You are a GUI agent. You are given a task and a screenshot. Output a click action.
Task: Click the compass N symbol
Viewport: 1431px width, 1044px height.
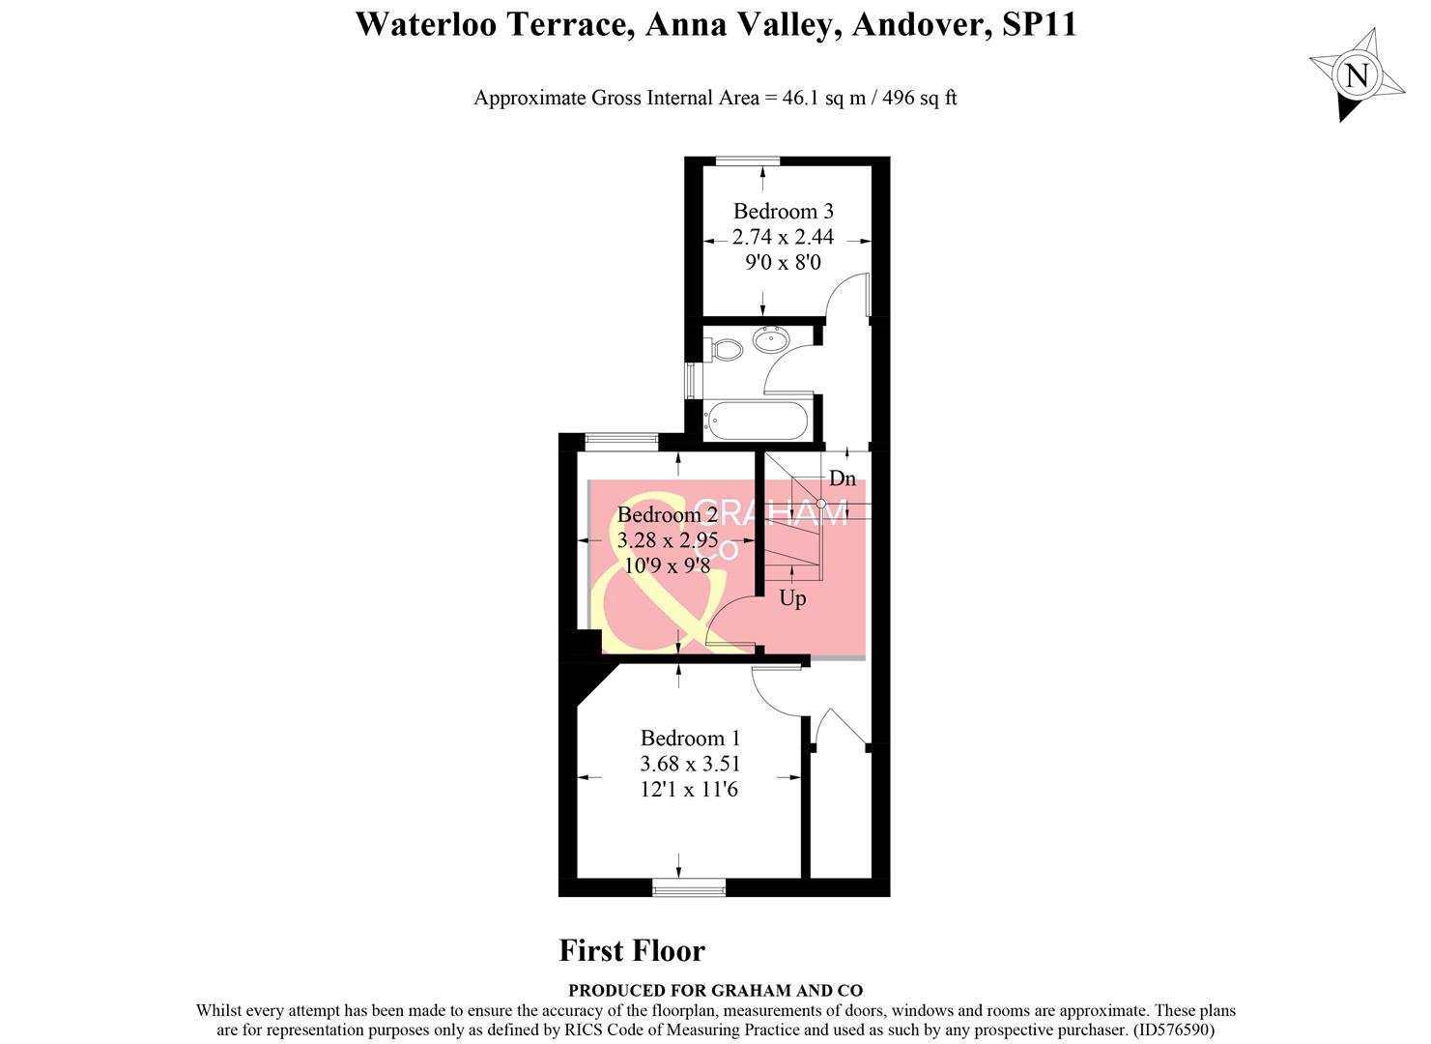(1357, 75)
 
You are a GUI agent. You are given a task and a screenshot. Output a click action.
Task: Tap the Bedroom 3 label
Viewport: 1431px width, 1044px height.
(783, 211)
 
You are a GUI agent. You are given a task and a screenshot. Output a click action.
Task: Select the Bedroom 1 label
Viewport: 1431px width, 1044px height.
(690, 739)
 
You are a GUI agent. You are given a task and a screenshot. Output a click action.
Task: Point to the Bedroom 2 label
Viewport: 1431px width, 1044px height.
(667, 514)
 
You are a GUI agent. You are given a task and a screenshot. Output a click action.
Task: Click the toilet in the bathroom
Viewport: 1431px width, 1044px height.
(722, 349)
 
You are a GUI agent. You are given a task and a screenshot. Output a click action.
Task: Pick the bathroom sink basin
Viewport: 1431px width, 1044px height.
(770, 339)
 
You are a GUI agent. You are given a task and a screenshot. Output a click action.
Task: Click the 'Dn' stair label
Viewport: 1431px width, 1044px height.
(842, 478)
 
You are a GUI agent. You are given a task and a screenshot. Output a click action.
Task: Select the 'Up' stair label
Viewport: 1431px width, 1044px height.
(792, 598)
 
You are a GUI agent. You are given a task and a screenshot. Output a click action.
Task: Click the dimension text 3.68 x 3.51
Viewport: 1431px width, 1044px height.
(690, 764)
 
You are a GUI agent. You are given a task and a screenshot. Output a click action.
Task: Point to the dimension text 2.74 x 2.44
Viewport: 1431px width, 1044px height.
(783, 237)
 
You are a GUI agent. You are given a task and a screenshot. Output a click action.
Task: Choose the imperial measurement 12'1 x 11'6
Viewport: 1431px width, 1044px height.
(689, 790)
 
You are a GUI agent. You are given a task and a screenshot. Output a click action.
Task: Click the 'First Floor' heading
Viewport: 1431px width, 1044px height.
(632, 951)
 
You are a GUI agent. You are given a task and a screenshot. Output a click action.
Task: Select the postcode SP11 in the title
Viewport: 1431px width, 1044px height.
(1040, 24)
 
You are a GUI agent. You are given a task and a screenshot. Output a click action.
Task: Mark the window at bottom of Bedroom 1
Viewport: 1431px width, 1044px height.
(689, 887)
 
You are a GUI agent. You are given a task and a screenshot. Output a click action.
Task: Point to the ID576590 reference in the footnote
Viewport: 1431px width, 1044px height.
(1172, 1030)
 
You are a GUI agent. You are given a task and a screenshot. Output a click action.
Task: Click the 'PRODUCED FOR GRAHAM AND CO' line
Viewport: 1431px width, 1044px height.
(715, 991)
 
